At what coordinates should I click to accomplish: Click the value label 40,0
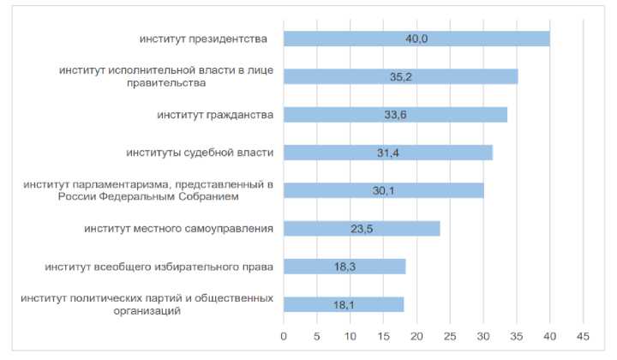click(416, 39)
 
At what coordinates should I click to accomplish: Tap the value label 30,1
click(383, 190)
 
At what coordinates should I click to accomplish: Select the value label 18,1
click(344, 304)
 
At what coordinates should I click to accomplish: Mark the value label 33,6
click(395, 114)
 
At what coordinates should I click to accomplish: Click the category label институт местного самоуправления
click(178, 228)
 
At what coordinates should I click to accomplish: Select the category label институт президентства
click(203, 39)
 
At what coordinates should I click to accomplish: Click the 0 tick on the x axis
click(284, 335)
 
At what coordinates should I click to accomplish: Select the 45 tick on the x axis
click(583, 335)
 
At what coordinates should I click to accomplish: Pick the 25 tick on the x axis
click(450, 335)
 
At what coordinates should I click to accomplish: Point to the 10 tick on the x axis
click(350, 335)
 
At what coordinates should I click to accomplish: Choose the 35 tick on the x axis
click(517, 335)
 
